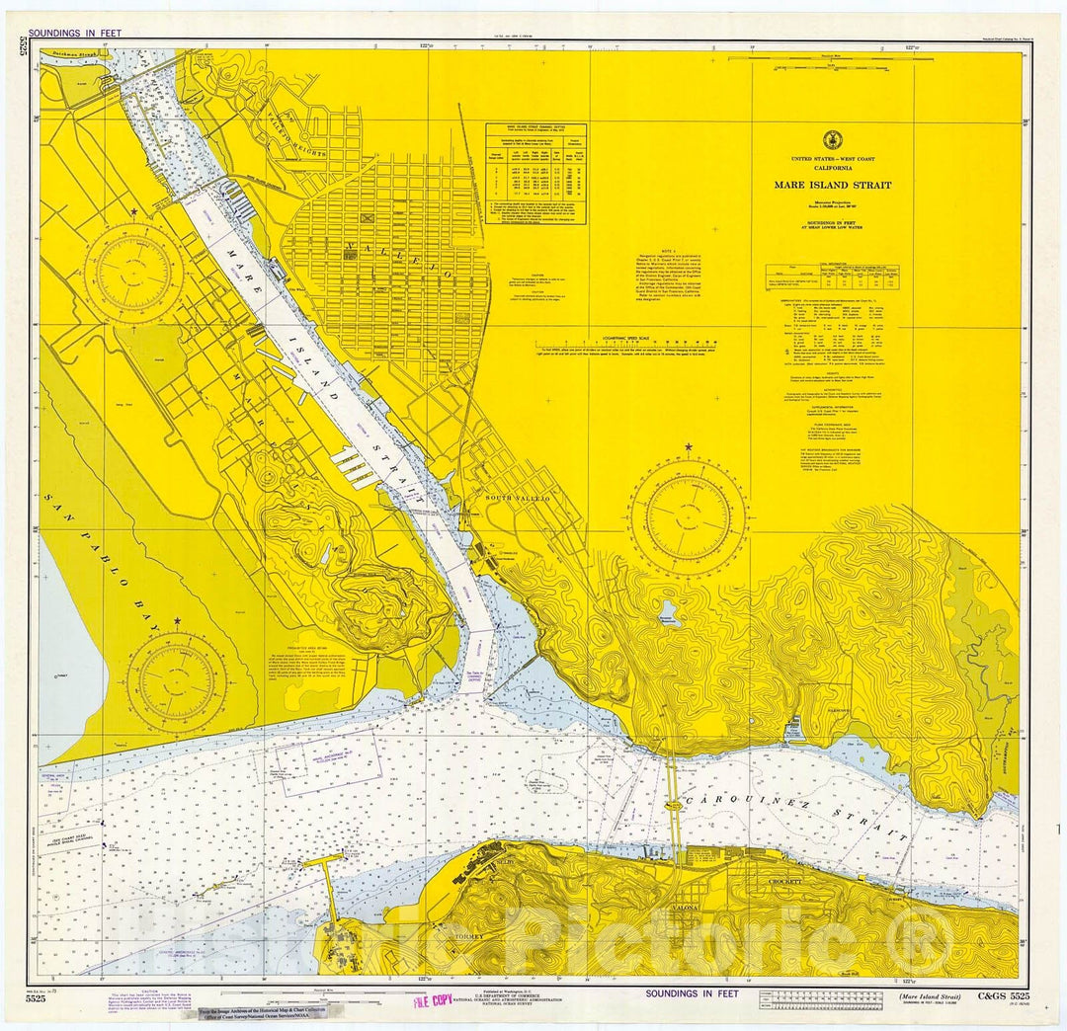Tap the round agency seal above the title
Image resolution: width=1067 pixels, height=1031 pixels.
tap(832, 140)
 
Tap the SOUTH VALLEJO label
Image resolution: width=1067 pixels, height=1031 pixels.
tap(516, 499)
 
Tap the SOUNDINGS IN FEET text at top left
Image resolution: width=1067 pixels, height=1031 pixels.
tap(75, 33)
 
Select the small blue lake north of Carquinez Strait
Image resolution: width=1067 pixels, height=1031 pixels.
tap(670, 609)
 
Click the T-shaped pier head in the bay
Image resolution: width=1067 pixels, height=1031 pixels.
tap(322, 861)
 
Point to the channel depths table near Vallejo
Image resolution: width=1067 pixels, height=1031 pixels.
tap(535, 173)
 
